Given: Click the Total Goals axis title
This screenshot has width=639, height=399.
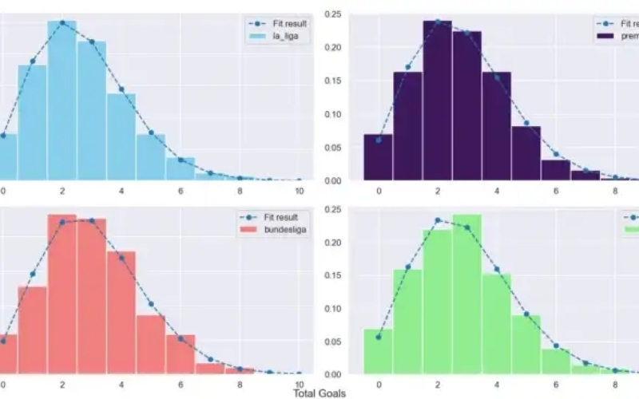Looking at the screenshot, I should point(319,393).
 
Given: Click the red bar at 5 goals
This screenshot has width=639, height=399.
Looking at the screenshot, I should point(150,344).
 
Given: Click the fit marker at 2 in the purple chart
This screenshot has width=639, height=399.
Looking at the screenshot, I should point(438,22).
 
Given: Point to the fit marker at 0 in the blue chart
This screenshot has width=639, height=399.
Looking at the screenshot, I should point(2,135).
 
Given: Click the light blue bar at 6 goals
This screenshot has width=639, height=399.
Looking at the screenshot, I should point(180,168).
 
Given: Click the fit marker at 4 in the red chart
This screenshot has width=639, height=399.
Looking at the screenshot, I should point(121,257).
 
